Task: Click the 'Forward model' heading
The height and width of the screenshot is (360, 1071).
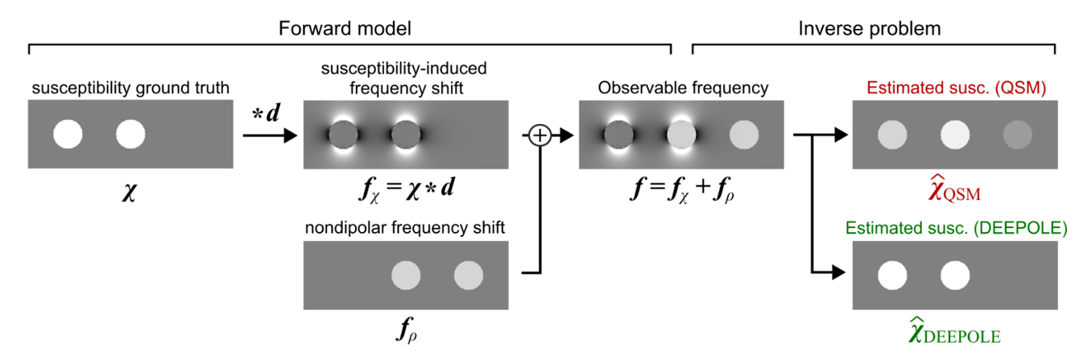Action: coord(345,28)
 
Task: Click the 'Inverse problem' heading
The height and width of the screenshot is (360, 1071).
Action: coord(869,29)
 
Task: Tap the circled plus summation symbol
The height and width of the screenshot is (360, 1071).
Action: coord(540,135)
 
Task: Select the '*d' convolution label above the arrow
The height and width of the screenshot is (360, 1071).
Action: coord(266,114)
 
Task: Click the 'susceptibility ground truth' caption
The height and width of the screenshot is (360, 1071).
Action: coord(130,88)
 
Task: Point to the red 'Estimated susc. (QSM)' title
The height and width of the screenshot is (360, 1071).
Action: coord(957,88)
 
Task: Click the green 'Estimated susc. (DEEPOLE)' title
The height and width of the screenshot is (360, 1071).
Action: coord(957,228)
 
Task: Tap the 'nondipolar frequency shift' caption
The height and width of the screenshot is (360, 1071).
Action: coord(405,228)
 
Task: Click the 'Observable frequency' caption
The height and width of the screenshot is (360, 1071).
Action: coord(683,88)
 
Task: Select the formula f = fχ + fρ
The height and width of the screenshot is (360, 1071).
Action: coord(682,190)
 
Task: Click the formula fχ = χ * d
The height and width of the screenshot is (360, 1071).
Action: coord(407,189)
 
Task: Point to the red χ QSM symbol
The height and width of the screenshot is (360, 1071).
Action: coord(954,188)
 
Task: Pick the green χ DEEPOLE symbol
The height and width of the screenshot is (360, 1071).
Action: coord(954,331)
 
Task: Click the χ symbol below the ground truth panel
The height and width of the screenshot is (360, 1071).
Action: coord(130,192)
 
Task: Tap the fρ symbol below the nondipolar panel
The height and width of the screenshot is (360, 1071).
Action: coord(407,330)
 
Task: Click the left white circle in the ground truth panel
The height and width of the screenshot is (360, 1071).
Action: coord(68,134)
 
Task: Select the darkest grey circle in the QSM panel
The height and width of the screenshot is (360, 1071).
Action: coord(1018,134)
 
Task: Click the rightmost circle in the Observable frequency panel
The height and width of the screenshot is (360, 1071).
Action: coord(744,134)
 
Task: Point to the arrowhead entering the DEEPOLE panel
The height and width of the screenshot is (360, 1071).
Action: coord(839,272)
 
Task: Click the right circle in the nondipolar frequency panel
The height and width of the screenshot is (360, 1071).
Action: coord(469,275)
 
